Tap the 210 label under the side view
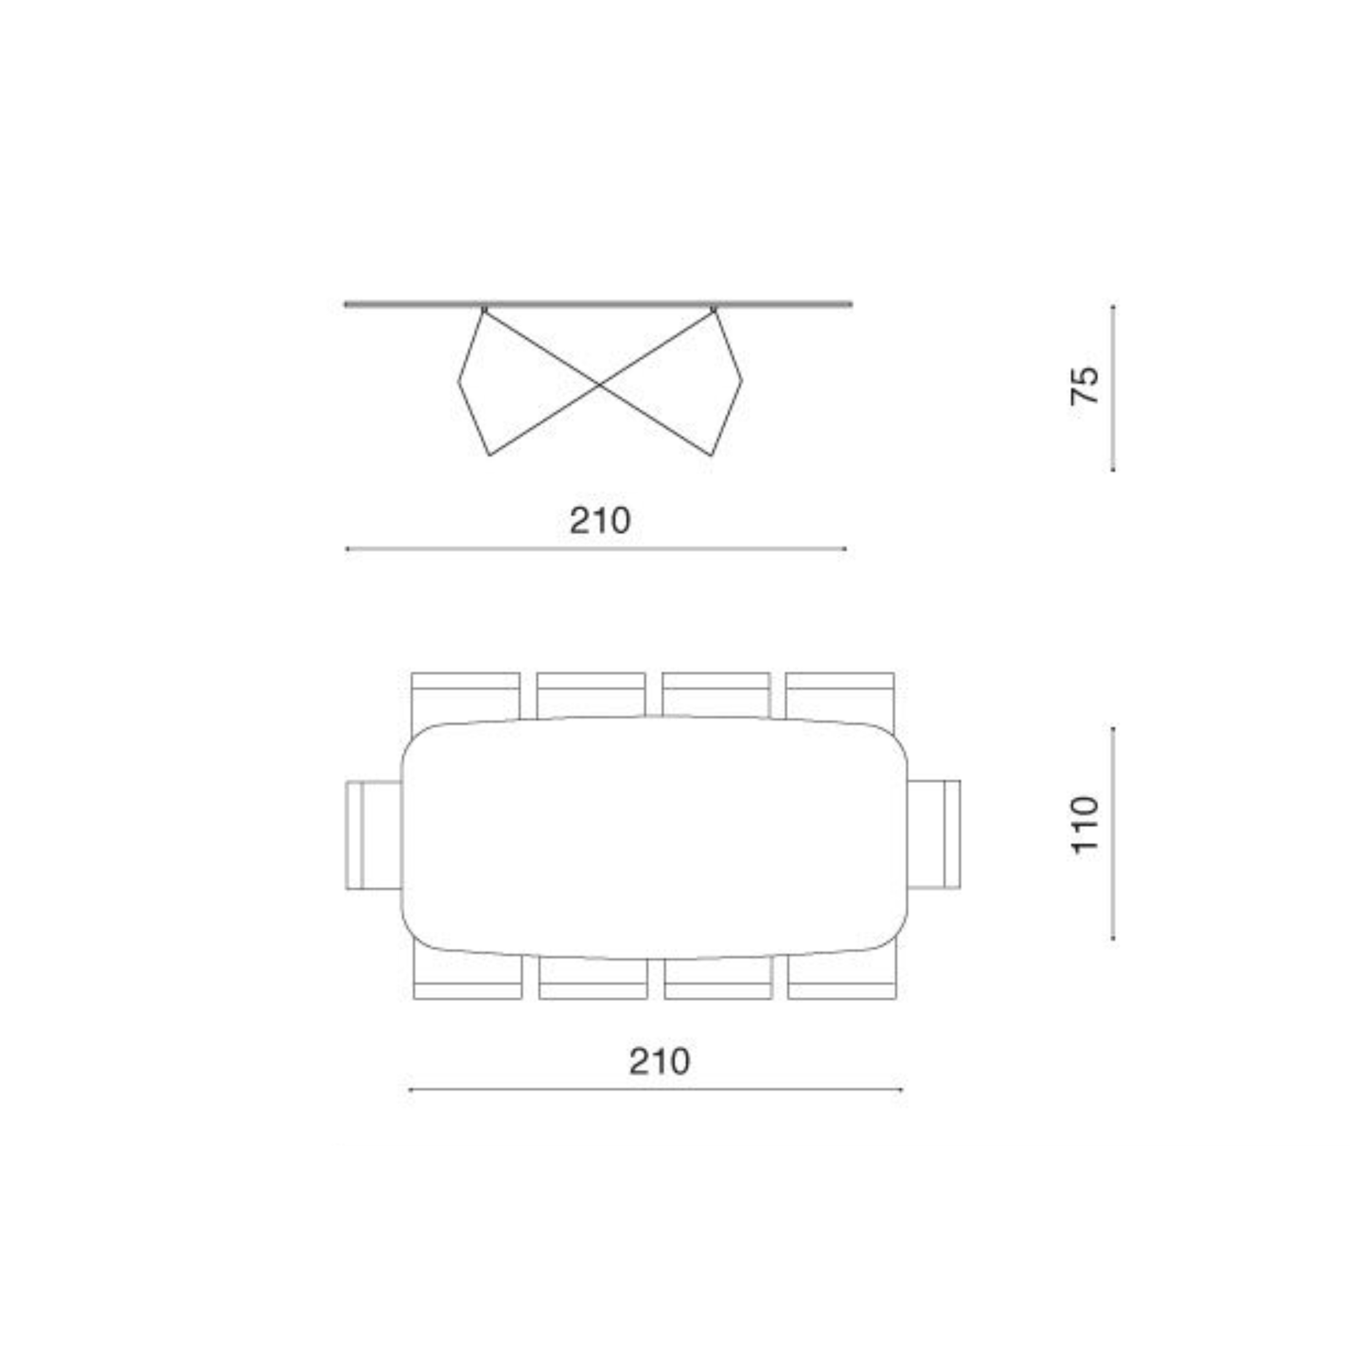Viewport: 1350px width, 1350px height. click(x=600, y=520)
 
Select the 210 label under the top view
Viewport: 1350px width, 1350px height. click(x=659, y=1062)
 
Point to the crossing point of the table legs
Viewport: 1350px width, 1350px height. click(x=600, y=384)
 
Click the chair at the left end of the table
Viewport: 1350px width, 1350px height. click(x=374, y=835)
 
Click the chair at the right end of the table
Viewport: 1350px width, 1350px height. click(x=934, y=835)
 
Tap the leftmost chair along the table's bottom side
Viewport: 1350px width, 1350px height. click(x=468, y=972)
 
